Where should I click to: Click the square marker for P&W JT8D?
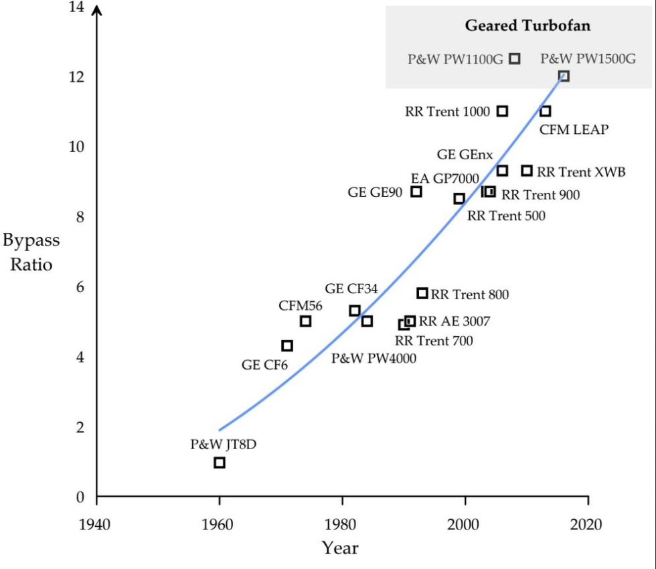point(220,463)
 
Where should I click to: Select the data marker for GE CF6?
point(287,345)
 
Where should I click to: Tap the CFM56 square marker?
point(305,321)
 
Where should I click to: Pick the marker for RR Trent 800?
point(422,293)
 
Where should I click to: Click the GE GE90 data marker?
point(416,191)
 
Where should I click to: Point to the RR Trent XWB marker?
point(527,171)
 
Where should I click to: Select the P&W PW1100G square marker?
point(515,58)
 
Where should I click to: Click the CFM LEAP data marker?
point(546,111)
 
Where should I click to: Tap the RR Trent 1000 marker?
point(503,111)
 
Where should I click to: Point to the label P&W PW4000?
point(374,358)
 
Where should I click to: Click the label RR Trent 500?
point(506,216)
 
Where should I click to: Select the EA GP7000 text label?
point(445,178)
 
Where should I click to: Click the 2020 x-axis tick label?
point(588,523)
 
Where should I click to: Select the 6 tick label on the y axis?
point(80,287)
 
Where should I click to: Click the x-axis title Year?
point(340,548)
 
